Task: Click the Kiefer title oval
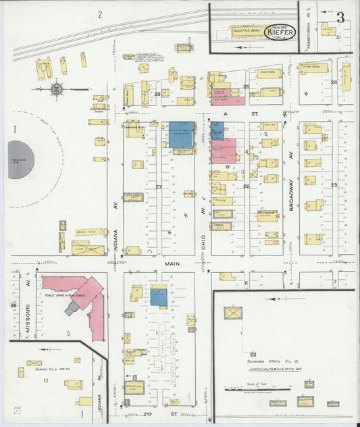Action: tap(280, 33)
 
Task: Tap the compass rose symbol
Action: tap(57, 88)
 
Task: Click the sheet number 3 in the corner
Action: tap(340, 18)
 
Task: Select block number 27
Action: tap(159, 186)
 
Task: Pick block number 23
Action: tap(333, 184)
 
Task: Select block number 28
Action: tap(157, 94)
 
